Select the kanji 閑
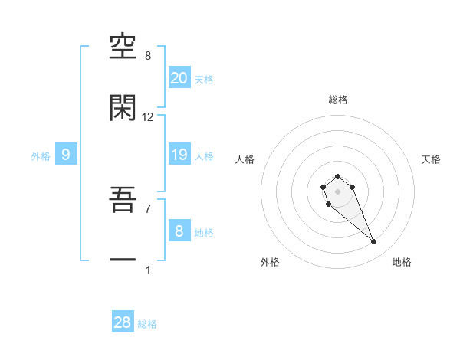(x=123, y=107)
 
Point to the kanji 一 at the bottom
(x=123, y=260)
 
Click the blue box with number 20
(x=179, y=78)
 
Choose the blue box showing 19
(x=179, y=155)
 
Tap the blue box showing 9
(x=66, y=155)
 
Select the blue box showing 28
(x=123, y=322)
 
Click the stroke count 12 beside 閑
(x=148, y=117)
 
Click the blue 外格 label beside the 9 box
(x=41, y=156)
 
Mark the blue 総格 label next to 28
(x=147, y=324)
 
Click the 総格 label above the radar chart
(x=338, y=100)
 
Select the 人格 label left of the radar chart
(x=245, y=159)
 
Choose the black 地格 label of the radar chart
(x=402, y=262)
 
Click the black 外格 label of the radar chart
(x=270, y=262)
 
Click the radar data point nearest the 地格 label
(x=374, y=242)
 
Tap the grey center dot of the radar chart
(x=337, y=191)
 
